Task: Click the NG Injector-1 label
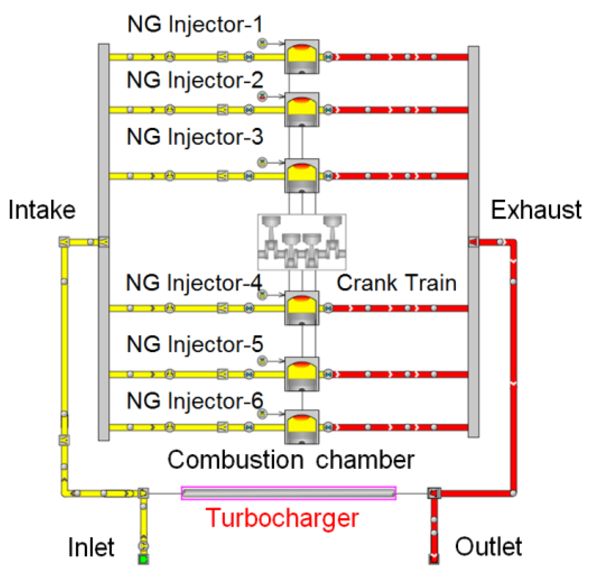click(195, 25)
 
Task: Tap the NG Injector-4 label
click(194, 283)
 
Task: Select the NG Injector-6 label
click(195, 401)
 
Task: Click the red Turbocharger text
click(282, 519)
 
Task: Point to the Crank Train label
click(396, 283)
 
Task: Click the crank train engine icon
click(302, 242)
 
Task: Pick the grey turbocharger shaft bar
click(289, 493)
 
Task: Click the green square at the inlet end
click(143, 559)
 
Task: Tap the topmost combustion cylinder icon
click(302, 57)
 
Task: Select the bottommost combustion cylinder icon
click(302, 427)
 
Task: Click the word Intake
click(42, 210)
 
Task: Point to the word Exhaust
click(536, 210)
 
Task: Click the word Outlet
click(488, 547)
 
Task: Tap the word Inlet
click(91, 548)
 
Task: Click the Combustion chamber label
click(290, 460)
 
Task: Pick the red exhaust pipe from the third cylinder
click(399, 176)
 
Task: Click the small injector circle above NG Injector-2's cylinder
click(262, 96)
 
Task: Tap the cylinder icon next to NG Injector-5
click(302, 374)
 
